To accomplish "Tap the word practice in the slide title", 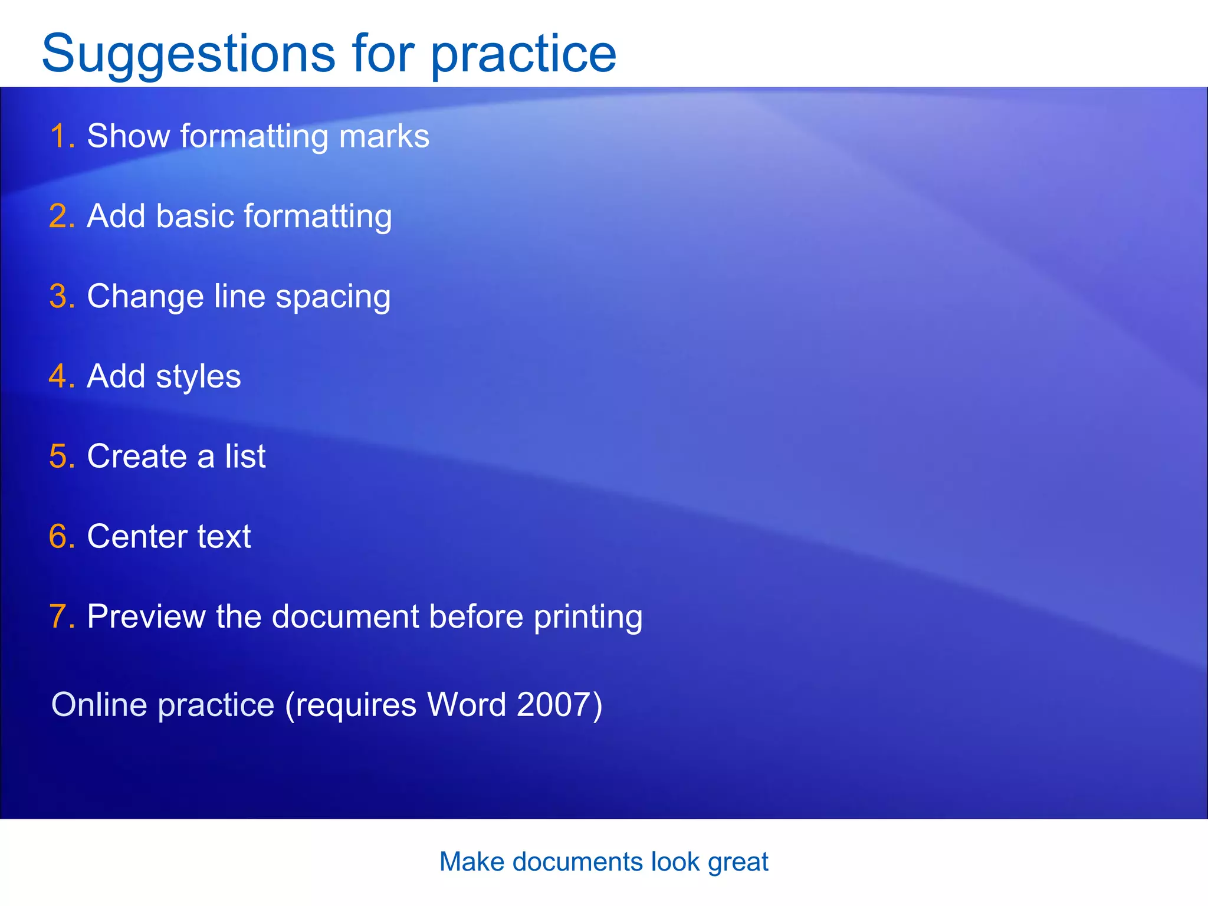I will (x=523, y=55).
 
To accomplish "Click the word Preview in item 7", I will (x=146, y=617).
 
